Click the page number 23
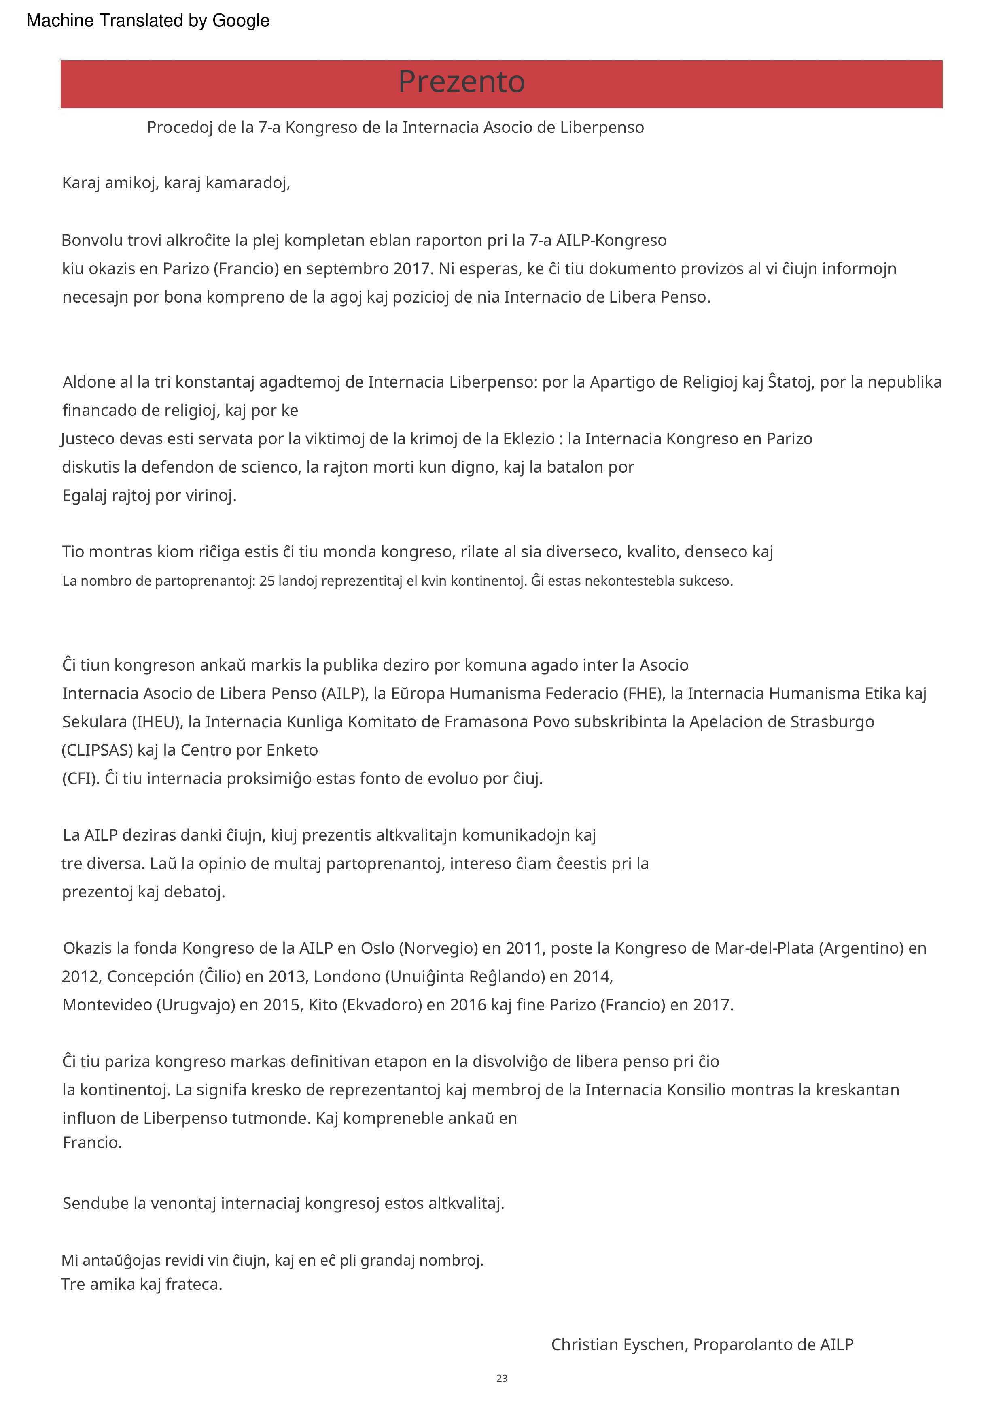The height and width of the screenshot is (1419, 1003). coord(502,1378)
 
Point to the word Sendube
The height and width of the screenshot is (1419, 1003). coord(95,1203)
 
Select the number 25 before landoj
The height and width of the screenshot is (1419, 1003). coord(267,581)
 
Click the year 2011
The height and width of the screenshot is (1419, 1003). coord(524,948)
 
